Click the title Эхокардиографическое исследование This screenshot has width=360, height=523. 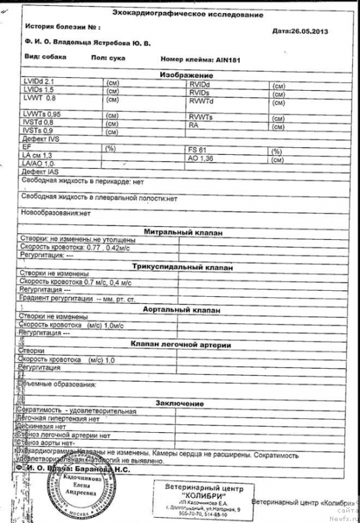184,14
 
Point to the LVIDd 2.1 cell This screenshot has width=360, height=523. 38,81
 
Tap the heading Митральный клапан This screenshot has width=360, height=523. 183,232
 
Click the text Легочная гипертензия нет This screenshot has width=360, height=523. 59,418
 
